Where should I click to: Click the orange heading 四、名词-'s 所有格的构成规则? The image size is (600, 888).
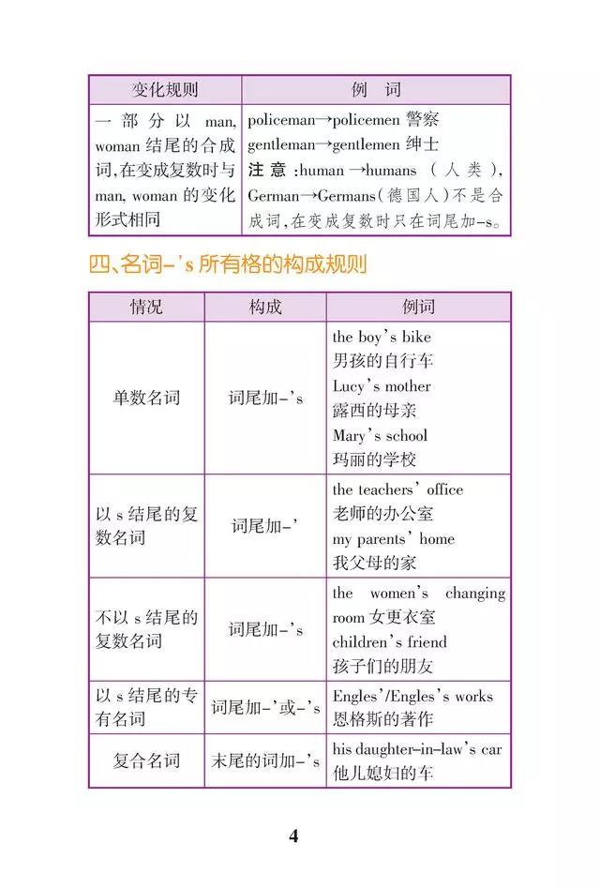227,264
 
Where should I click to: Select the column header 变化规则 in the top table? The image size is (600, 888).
164,90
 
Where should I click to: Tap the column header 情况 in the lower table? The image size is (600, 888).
146,307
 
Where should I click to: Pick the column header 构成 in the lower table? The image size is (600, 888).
265,307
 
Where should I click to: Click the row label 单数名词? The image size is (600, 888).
146,398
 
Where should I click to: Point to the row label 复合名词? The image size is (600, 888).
146,760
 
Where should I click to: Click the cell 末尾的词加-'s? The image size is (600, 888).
265,760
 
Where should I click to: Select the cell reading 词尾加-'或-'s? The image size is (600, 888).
265,708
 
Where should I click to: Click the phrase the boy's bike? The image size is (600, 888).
382,336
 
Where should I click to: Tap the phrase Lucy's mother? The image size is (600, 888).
382,385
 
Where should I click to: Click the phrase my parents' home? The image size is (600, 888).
393,538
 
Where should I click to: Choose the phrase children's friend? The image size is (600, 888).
389,642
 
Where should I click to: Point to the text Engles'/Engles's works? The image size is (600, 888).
412,696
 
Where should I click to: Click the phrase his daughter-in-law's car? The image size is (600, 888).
417,749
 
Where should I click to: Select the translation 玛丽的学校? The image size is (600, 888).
374,459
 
